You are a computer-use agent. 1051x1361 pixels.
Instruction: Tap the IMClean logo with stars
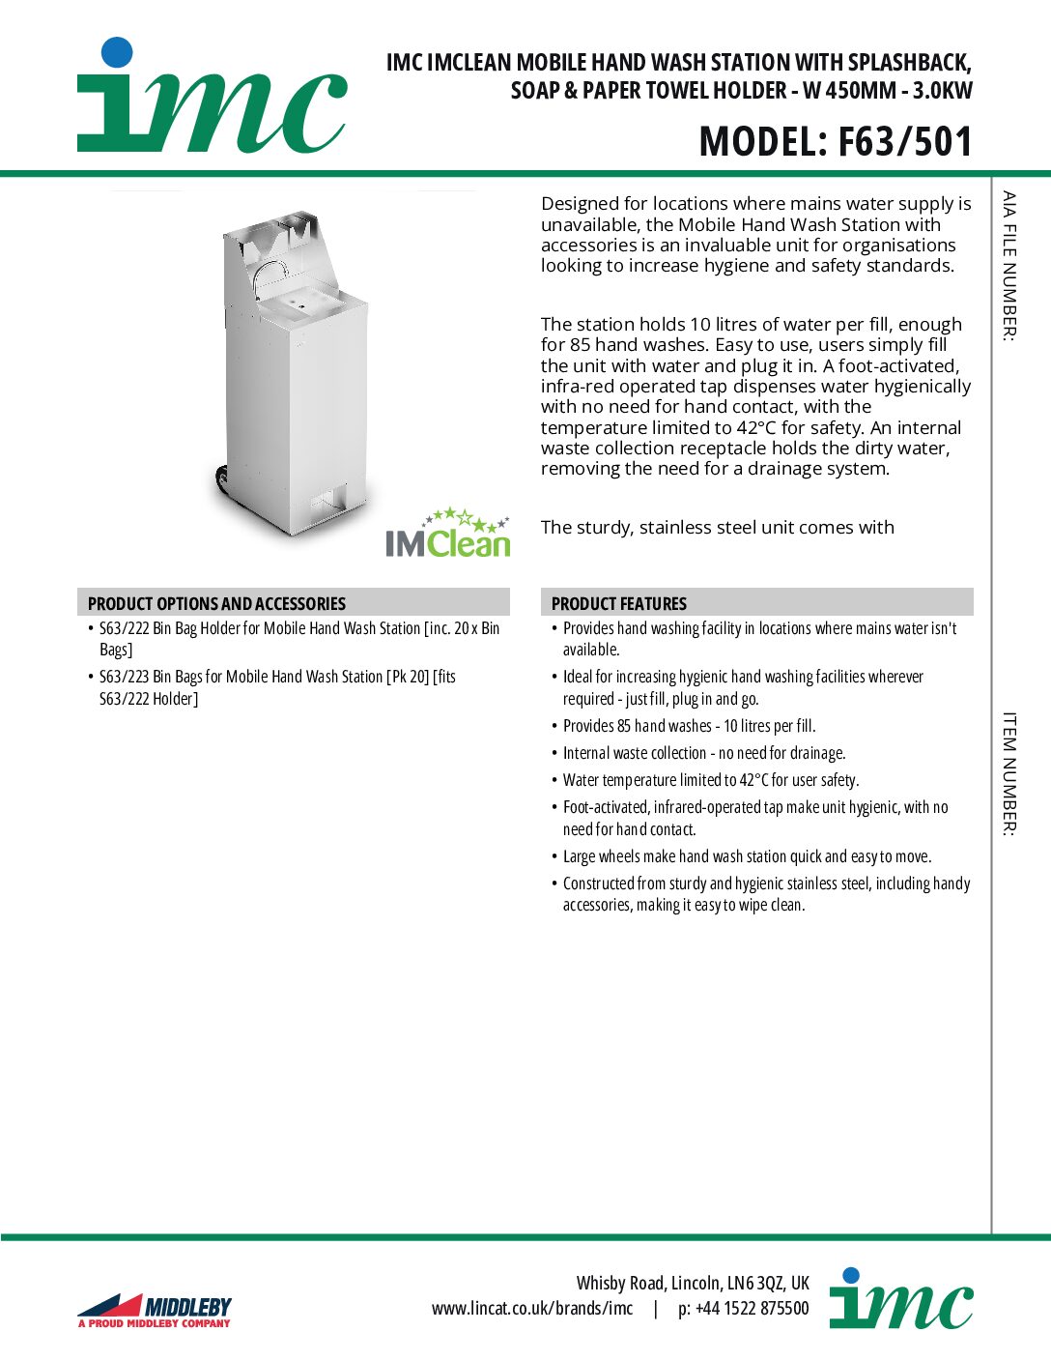pos(447,535)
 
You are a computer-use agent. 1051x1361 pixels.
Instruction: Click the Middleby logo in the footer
pos(155,1310)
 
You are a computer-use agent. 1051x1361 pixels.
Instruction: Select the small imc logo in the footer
pos(900,1300)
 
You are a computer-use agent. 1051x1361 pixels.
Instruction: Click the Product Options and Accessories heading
pos(216,603)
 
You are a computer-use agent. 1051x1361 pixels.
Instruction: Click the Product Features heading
pos(619,603)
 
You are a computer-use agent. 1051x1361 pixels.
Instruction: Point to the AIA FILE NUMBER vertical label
pos(1009,266)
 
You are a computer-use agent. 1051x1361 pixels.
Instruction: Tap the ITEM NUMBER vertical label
pos(1009,773)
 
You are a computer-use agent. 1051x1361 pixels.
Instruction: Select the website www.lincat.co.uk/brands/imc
pos(532,1309)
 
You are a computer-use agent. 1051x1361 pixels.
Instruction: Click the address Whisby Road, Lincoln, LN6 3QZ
pos(693,1283)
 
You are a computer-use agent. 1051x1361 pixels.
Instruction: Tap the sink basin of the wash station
pos(300,306)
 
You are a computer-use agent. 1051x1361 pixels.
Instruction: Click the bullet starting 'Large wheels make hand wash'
pos(747,856)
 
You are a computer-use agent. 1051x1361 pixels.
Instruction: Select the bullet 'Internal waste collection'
pos(703,753)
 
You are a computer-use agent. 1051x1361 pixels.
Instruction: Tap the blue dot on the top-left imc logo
pos(117,52)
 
